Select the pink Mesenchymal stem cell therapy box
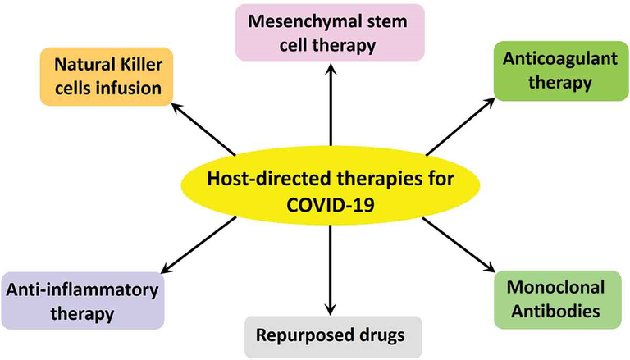click(330, 33)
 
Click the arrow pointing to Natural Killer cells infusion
click(203, 130)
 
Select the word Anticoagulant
click(546, 60)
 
